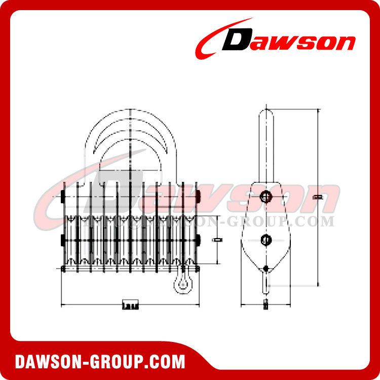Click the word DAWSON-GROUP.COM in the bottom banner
point(100,362)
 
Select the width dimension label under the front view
point(130,305)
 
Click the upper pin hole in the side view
point(265,197)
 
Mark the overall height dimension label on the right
point(318,197)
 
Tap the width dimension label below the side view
point(265,305)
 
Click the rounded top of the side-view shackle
point(265,111)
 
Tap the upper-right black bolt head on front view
point(199,196)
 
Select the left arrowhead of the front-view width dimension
point(63,305)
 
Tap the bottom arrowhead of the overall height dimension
point(318,284)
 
